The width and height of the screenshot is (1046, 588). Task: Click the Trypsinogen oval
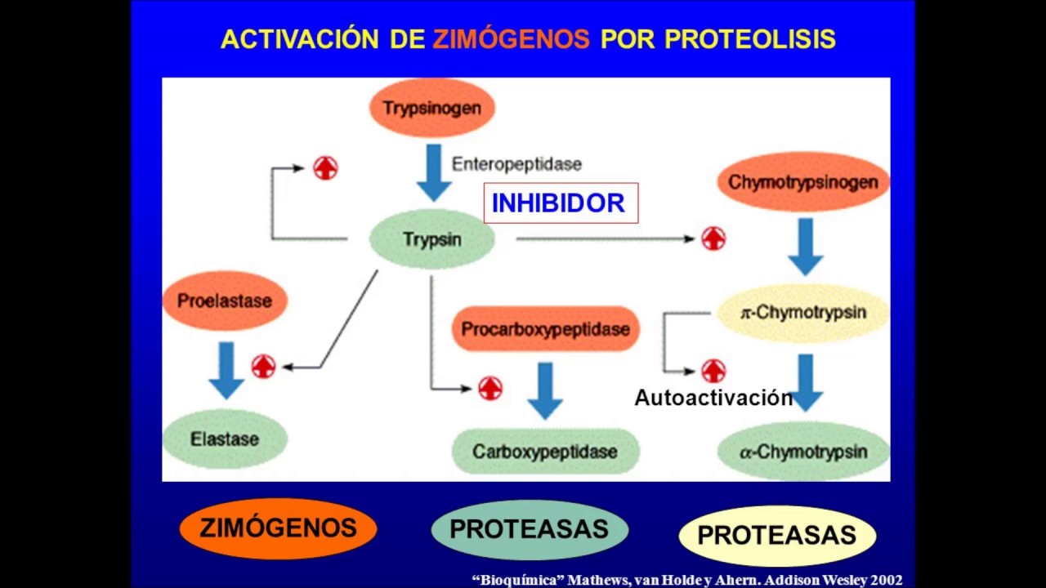tap(431, 107)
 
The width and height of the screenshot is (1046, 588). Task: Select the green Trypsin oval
tap(431, 239)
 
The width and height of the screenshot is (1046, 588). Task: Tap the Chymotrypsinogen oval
tap(802, 181)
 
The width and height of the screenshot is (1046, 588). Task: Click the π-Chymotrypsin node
tap(802, 313)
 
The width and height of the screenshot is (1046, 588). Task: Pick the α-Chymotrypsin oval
tap(802, 451)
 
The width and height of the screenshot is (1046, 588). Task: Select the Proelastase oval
tap(225, 301)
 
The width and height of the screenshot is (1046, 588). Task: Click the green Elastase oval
tap(225, 439)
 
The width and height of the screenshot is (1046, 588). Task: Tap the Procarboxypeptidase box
tap(545, 329)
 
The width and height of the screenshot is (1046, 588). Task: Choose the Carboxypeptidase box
tap(545, 451)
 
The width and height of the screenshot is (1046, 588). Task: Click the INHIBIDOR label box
tap(560, 203)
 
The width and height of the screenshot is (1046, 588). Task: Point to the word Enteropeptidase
tap(516, 164)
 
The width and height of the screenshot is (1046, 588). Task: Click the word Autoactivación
tap(713, 398)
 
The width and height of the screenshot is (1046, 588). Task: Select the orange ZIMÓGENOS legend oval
tap(278, 528)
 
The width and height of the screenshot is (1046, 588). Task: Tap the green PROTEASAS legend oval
tap(529, 529)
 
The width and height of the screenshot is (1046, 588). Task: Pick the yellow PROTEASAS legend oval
tap(777, 535)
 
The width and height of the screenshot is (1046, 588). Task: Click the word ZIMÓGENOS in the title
tap(511, 38)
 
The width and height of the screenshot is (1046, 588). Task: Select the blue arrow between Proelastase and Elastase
tap(226, 369)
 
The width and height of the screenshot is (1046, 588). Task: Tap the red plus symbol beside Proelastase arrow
tap(263, 367)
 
